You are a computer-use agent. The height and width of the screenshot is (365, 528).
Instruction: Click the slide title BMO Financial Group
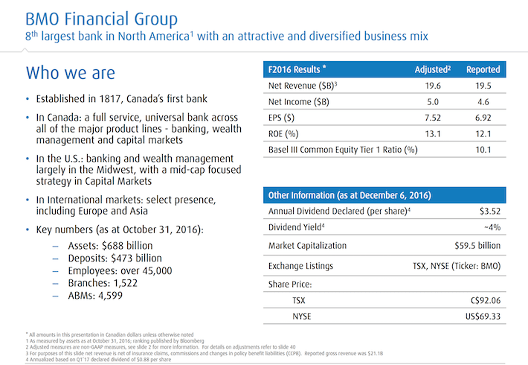(101, 19)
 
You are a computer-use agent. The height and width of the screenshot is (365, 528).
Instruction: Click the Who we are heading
(71, 73)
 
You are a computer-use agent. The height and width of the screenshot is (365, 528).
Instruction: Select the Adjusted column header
(433, 69)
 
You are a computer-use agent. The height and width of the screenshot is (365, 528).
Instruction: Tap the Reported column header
(483, 69)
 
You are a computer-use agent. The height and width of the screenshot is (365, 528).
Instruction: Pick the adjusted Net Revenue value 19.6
(433, 86)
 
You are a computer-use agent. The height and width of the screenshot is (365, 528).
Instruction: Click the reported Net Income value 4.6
(483, 102)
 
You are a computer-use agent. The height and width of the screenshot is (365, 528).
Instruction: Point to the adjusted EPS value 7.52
(433, 118)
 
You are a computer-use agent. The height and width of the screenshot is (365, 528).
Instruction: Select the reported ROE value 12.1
(483, 134)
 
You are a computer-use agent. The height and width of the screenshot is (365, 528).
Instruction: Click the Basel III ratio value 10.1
(483, 150)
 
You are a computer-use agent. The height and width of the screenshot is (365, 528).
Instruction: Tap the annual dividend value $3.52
(490, 211)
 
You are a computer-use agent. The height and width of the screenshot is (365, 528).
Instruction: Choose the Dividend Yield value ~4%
(492, 227)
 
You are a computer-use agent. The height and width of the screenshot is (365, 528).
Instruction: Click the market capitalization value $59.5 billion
(477, 246)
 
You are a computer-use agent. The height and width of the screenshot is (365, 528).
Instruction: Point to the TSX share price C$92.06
(486, 300)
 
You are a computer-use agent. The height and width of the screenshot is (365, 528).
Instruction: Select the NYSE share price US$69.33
(483, 317)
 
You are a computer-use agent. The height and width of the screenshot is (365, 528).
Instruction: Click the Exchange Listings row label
(300, 266)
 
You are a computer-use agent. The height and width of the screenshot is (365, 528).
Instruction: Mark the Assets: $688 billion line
(110, 246)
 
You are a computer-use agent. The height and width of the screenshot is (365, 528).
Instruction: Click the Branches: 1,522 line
(103, 283)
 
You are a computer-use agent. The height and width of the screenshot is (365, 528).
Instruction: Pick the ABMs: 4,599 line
(95, 296)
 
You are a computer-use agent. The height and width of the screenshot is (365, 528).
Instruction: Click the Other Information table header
(350, 195)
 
